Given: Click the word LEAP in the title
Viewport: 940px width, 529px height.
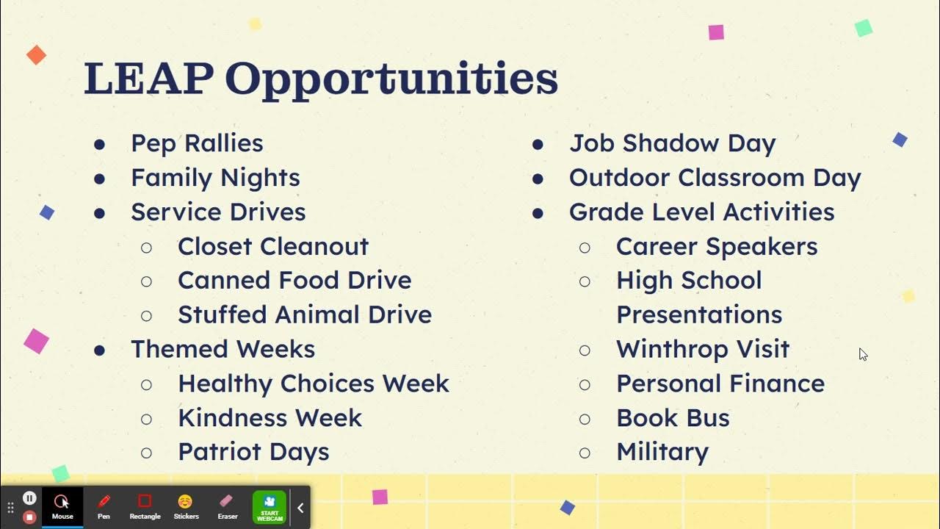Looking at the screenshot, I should [x=148, y=79].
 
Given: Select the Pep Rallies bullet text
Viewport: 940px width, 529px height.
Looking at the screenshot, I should [x=197, y=143].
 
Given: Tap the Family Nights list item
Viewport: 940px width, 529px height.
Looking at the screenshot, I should [x=215, y=178].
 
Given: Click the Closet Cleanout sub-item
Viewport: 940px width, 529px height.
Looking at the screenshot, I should [x=272, y=246].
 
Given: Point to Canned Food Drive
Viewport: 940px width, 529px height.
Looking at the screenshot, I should [x=294, y=280].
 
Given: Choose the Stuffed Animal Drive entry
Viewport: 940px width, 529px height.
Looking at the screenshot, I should [x=304, y=314].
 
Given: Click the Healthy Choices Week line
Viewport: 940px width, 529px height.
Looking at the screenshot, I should [x=313, y=384].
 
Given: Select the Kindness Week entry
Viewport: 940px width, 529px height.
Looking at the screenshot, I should [x=270, y=418].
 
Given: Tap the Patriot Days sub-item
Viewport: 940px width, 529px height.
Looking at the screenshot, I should [x=253, y=452].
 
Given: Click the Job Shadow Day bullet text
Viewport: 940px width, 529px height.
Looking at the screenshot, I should [x=672, y=143].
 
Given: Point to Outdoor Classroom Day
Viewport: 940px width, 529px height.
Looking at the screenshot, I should [x=715, y=178].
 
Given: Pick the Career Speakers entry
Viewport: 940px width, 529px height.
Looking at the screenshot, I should [x=716, y=246].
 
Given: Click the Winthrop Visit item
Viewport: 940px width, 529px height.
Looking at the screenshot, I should [x=702, y=349].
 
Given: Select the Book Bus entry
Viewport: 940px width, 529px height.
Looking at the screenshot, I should [x=673, y=418].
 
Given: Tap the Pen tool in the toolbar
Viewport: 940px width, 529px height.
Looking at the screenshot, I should [x=104, y=505].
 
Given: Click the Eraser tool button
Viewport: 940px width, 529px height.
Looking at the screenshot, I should [x=227, y=505].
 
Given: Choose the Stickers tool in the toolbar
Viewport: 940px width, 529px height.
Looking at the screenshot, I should [x=186, y=505].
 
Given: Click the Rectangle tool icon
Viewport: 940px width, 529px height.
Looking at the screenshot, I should [x=145, y=505].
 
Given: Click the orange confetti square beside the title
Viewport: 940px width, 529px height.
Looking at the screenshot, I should [x=36, y=55].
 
